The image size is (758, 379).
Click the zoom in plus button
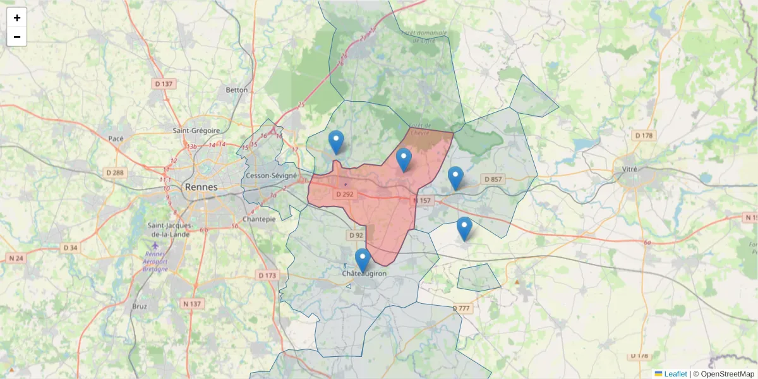pyautogui.click(x=17, y=18)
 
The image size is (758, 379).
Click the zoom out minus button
pyautogui.click(x=17, y=37)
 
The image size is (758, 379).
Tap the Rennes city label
pyautogui.click(x=201, y=187)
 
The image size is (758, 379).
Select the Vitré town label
pyautogui.click(x=630, y=169)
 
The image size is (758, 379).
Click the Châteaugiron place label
pyautogui.click(x=363, y=274)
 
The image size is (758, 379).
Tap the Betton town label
pyautogui.click(x=237, y=90)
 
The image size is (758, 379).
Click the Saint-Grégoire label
pyautogui.click(x=196, y=131)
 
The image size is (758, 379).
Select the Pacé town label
pyautogui.click(x=116, y=138)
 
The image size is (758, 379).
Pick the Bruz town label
pyautogui.click(x=140, y=306)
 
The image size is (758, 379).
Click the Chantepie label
pyautogui.click(x=260, y=219)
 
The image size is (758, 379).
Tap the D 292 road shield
pyautogui.click(x=344, y=195)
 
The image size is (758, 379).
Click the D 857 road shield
pyautogui.click(x=493, y=179)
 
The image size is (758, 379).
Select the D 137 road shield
pyautogui.click(x=164, y=84)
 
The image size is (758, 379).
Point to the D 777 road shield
pyautogui.click(x=462, y=308)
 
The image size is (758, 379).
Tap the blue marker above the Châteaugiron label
pyautogui.click(x=362, y=260)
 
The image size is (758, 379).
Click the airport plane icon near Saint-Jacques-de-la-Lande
pyautogui.click(x=156, y=244)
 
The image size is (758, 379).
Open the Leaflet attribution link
pyautogui.click(x=675, y=374)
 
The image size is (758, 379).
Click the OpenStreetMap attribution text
pyautogui.click(x=727, y=374)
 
